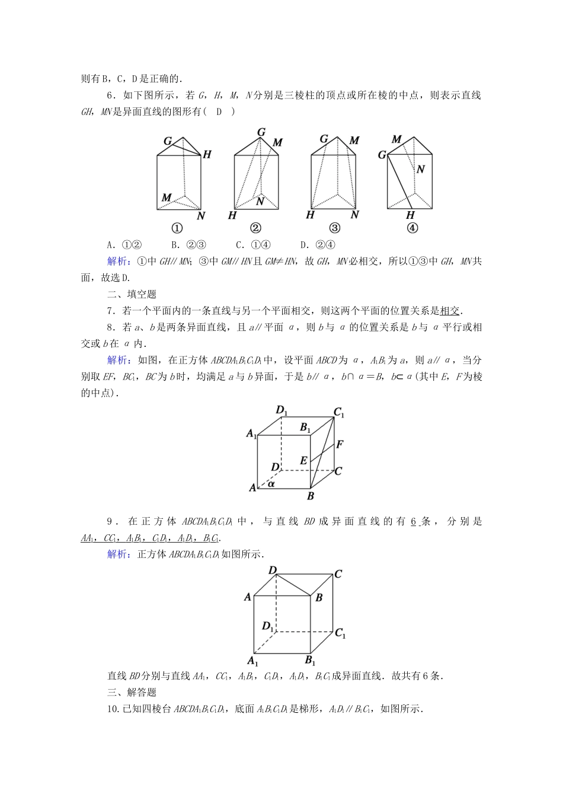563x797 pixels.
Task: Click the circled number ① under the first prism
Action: [177, 228]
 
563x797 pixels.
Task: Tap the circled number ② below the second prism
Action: [255, 228]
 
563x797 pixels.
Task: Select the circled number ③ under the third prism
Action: [334, 228]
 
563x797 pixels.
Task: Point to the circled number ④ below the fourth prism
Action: [412, 228]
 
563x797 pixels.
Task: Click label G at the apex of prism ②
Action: [261, 132]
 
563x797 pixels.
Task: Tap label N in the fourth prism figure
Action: [420, 170]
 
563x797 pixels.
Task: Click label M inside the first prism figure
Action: [167, 197]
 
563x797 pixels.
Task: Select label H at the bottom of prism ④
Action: [410, 215]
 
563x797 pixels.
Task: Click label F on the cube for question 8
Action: [340, 444]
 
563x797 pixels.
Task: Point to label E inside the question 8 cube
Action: [303, 460]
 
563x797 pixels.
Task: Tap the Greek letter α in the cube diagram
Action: [271, 483]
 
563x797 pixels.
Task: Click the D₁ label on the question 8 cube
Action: [281, 409]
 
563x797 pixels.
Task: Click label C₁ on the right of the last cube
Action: [340, 633]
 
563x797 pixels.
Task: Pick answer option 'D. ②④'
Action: [318, 244]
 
